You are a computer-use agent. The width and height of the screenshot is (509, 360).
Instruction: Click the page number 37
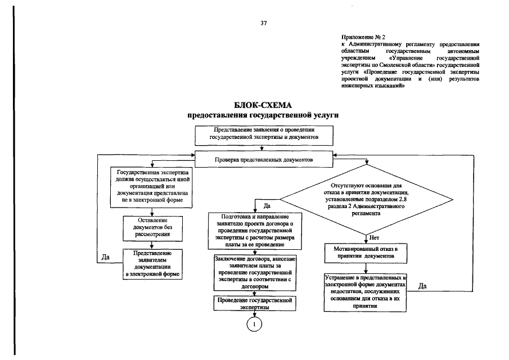pyautogui.click(x=263, y=23)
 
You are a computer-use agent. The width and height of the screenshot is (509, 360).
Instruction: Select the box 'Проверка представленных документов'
pyautogui.click(x=263, y=160)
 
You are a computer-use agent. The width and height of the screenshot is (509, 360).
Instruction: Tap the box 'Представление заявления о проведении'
pyautogui.click(x=264, y=134)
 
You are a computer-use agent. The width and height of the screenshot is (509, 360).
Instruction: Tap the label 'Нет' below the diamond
pyautogui.click(x=373, y=237)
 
